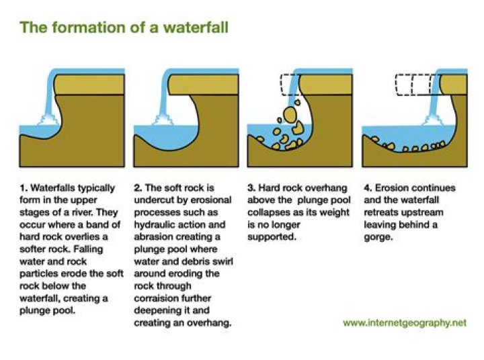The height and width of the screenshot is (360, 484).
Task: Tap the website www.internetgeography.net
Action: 405,323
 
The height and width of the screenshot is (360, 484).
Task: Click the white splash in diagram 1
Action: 48,120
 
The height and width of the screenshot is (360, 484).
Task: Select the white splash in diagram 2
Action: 162,120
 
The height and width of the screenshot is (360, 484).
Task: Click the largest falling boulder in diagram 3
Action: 290,114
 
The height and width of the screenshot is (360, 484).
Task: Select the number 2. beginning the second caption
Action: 138,188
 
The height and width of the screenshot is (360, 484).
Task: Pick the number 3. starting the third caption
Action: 251,188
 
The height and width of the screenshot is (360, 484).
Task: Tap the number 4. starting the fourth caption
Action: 368,188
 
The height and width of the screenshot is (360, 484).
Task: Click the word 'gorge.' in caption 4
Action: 378,238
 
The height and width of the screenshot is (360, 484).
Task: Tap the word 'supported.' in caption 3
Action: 272,238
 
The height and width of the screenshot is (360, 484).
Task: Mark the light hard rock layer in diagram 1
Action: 89,84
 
